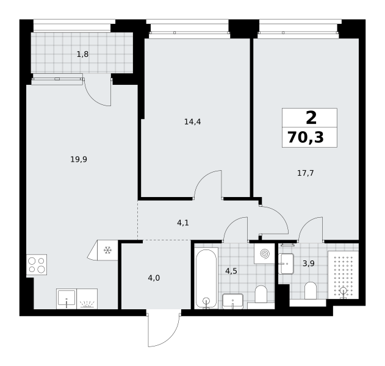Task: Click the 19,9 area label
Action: (79, 160)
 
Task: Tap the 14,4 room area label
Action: (193, 121)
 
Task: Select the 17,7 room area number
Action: (306, 173)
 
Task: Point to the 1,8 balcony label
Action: (83, 54)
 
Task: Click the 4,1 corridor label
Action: (183, 223)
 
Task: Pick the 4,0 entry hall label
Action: (154, 278)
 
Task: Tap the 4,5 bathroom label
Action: (231, 271)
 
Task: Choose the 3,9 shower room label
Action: (309, 264)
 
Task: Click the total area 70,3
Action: (306, 137)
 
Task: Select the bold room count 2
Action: (311, 118)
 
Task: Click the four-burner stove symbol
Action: (37, 265)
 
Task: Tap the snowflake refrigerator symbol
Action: (107, 250)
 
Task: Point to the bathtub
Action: (206, 279)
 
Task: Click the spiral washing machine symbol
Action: (264, 254)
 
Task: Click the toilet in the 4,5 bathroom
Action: (261, 294)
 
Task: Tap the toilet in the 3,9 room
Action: (311, 290)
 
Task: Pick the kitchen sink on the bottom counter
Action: (67, 299)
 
